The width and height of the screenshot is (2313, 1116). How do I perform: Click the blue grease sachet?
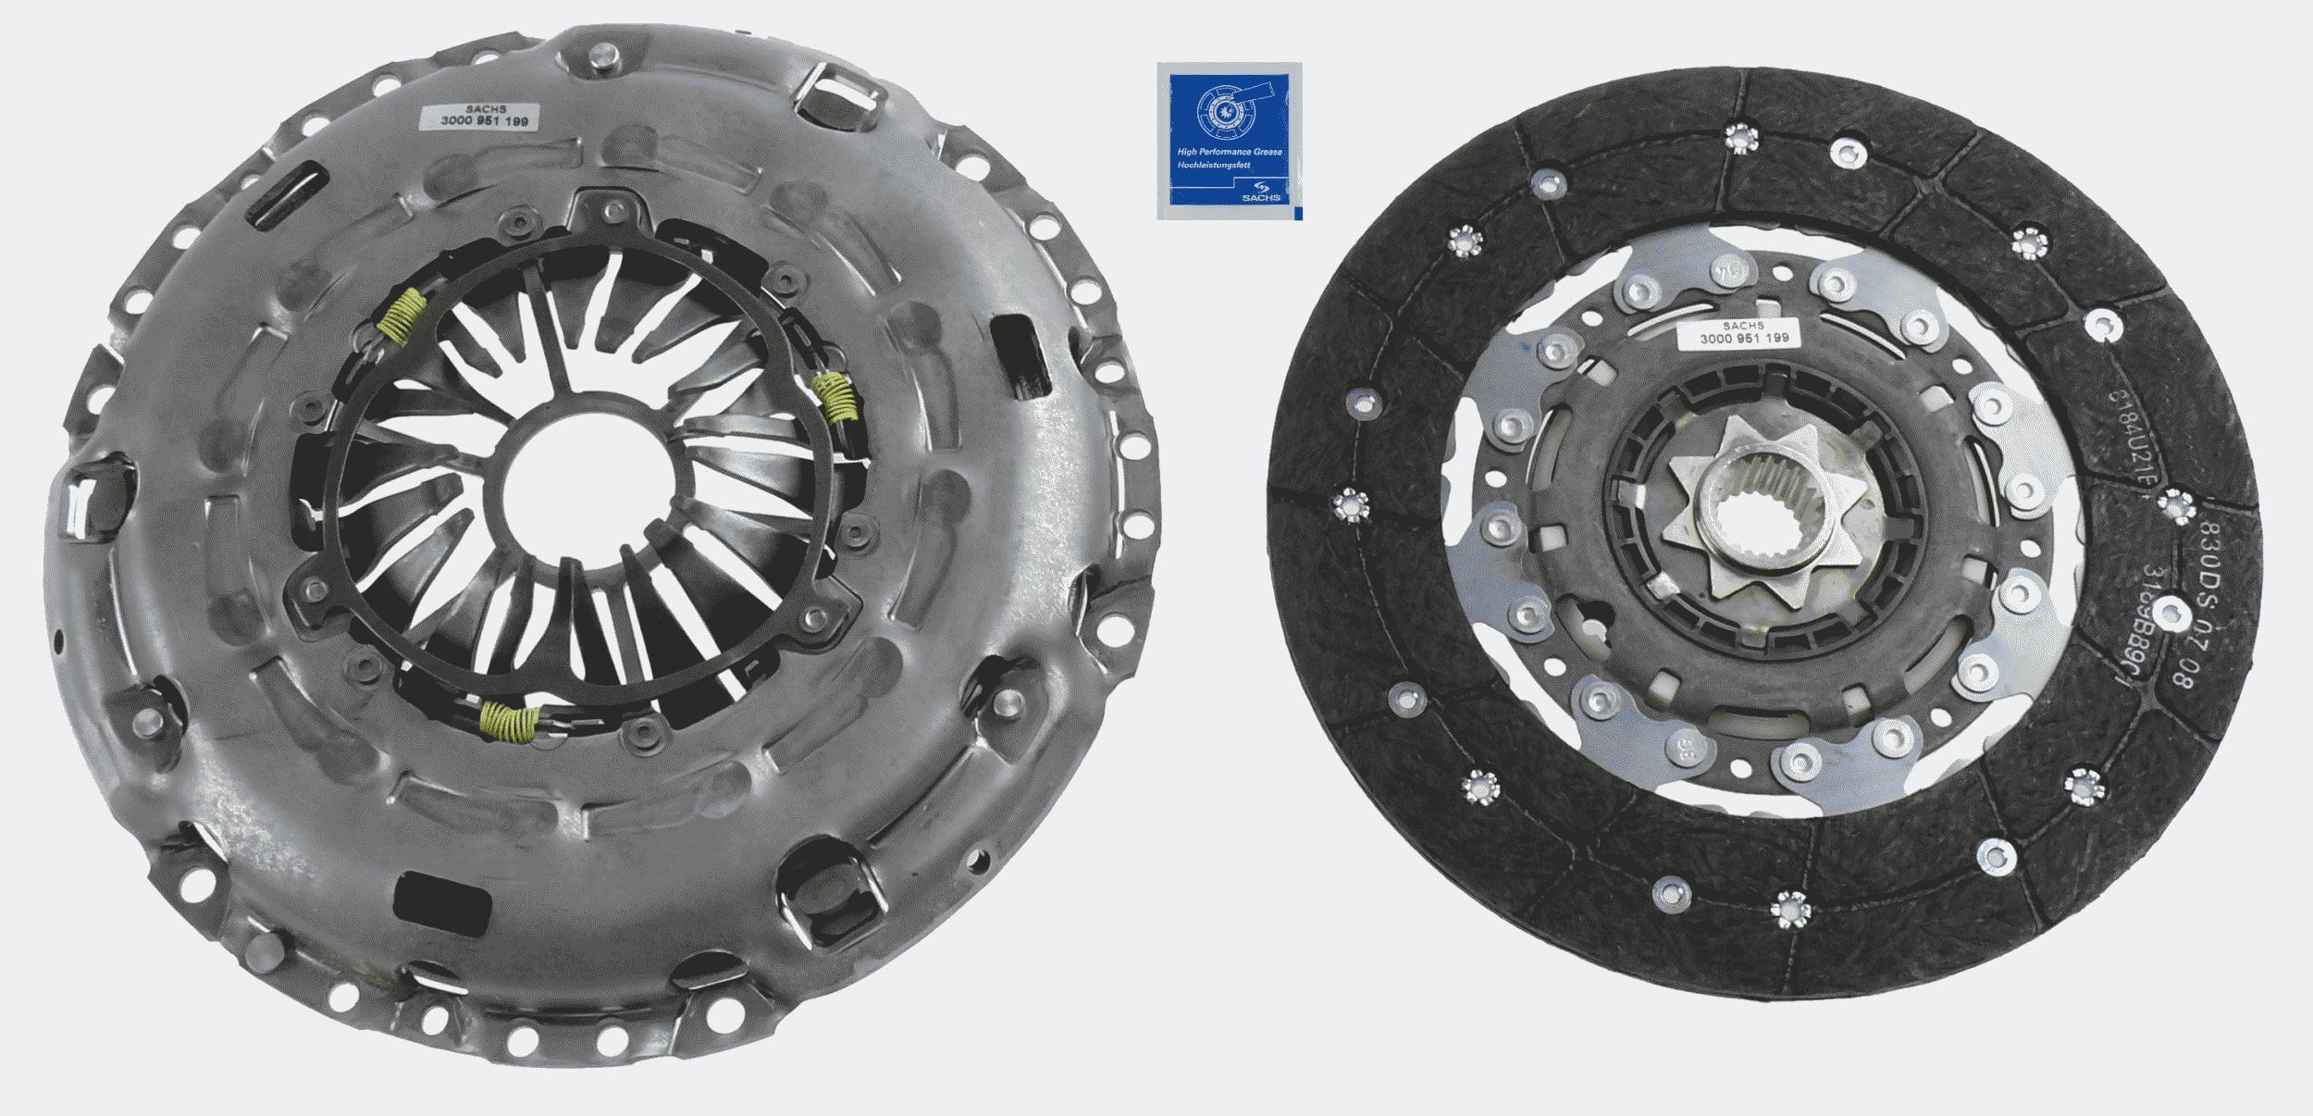point(1229,141)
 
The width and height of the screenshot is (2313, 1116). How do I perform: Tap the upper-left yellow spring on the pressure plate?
point(405,316)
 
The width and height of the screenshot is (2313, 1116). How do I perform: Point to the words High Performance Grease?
point(1229,152)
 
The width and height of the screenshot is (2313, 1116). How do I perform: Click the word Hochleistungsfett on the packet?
point(1212,166)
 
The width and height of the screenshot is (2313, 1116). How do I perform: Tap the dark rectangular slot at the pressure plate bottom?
point(442,897)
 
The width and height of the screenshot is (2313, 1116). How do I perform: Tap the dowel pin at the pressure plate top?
point(602,58)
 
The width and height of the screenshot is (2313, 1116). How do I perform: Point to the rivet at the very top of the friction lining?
point(1740,139)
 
